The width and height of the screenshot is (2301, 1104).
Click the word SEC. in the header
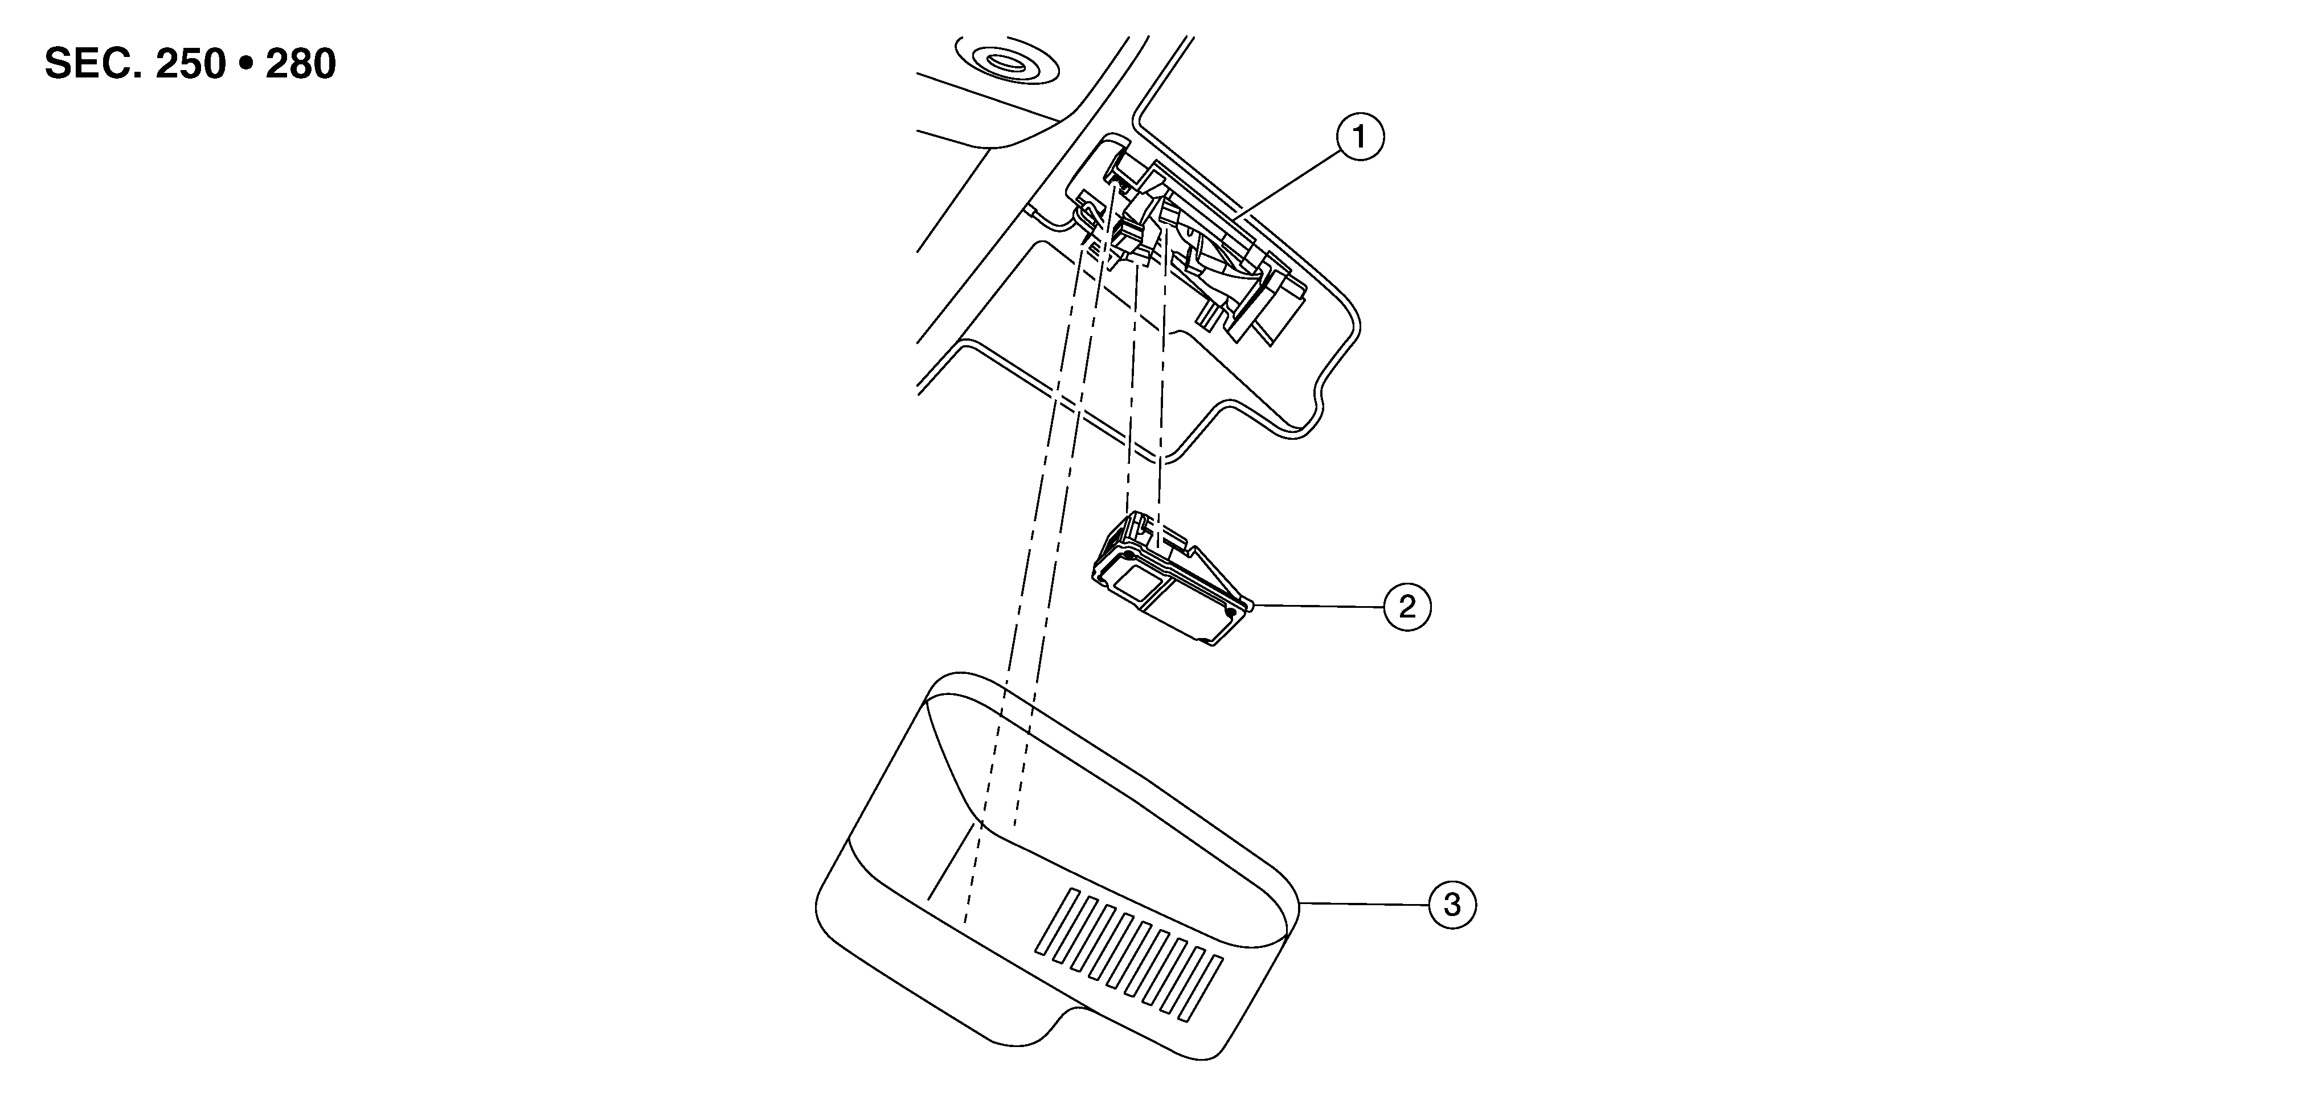point(93,64)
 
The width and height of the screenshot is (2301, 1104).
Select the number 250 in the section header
point(190,64)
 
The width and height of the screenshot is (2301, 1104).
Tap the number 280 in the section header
point(300,64)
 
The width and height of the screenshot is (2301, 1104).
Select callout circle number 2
point(1407,607)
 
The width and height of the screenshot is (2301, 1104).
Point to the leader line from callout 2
point(1317,606)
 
